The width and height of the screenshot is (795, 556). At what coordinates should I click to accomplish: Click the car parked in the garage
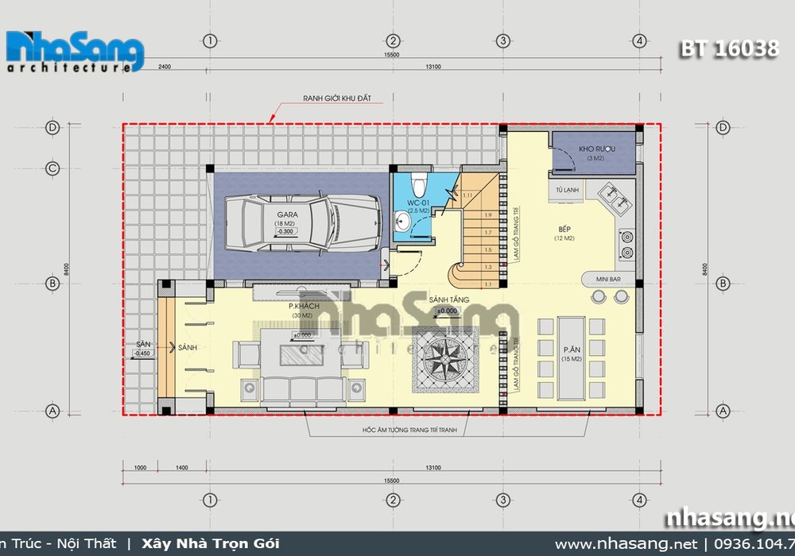290,222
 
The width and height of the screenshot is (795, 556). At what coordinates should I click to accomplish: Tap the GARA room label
287,214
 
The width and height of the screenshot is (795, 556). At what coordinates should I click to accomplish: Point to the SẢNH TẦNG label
448,299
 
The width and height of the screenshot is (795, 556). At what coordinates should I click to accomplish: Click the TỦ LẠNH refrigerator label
567,190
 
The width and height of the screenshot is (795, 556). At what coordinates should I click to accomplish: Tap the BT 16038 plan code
729,48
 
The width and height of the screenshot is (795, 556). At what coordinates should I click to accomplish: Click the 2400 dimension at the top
165,68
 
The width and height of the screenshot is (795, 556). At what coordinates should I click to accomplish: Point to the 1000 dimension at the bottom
142,469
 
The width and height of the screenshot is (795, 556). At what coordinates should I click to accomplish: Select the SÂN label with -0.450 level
142,348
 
